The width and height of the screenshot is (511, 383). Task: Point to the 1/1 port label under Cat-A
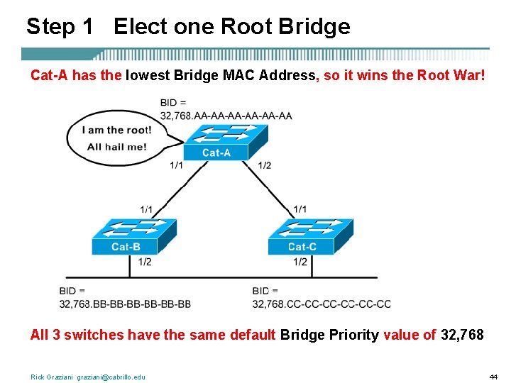point(176,165)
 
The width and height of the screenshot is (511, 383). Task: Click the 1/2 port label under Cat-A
point(264,165)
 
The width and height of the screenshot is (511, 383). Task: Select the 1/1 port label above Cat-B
point(147,209)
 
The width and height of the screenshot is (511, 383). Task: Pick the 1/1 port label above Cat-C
point(300,209)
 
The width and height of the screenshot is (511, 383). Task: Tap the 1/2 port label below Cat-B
point(144,262)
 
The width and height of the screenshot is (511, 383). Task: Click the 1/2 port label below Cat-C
point(300,262)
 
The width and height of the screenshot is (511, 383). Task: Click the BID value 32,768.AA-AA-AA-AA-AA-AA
point(226,116)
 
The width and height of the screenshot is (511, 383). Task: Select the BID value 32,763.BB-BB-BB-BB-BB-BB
point(125,304)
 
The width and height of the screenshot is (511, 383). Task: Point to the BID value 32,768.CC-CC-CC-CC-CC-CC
point(322,304)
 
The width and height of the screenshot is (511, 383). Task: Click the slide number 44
point(493,377)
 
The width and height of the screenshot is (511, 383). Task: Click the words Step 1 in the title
point(60,27)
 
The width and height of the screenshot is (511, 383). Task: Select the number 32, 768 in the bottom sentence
point(462,335)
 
